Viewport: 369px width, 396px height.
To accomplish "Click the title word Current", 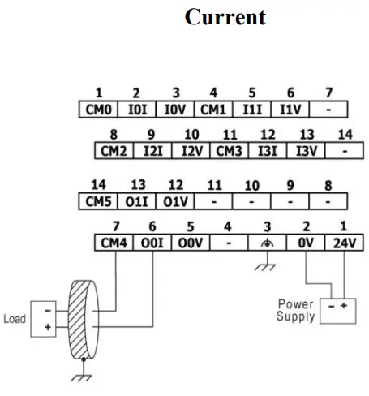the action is tap(225, 17).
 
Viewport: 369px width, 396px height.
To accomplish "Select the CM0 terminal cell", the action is tap(98, 110).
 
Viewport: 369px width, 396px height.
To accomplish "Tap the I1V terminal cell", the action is tap(290, 110).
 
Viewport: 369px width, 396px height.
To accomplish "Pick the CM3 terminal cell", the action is tap(229, 150).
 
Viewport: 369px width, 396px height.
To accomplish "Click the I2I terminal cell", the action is tap(152, 150).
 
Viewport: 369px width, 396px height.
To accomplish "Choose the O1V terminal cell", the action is tap(175, 201).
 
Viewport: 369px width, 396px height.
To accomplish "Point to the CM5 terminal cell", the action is tap(98, 201).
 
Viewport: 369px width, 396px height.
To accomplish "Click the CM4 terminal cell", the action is tap(114, 243).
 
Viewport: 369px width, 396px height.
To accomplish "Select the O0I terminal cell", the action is tap(152, 243).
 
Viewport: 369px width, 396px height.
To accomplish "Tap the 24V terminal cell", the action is tap(344, 243).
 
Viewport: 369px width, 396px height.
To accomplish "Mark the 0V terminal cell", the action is tap(306, 243).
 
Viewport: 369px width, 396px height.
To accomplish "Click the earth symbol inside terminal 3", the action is tap(267, 243).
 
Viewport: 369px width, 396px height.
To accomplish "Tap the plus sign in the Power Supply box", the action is tap(344, 306).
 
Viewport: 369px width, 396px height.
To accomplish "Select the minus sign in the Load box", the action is tap(48, 311).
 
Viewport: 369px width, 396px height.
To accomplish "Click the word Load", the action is tap(15, 319).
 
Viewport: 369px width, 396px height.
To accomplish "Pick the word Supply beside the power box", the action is tap(296, 316).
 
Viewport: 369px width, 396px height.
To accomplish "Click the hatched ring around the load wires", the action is tap(77, 320).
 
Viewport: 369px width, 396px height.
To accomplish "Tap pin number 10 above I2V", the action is tap(191, 135).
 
